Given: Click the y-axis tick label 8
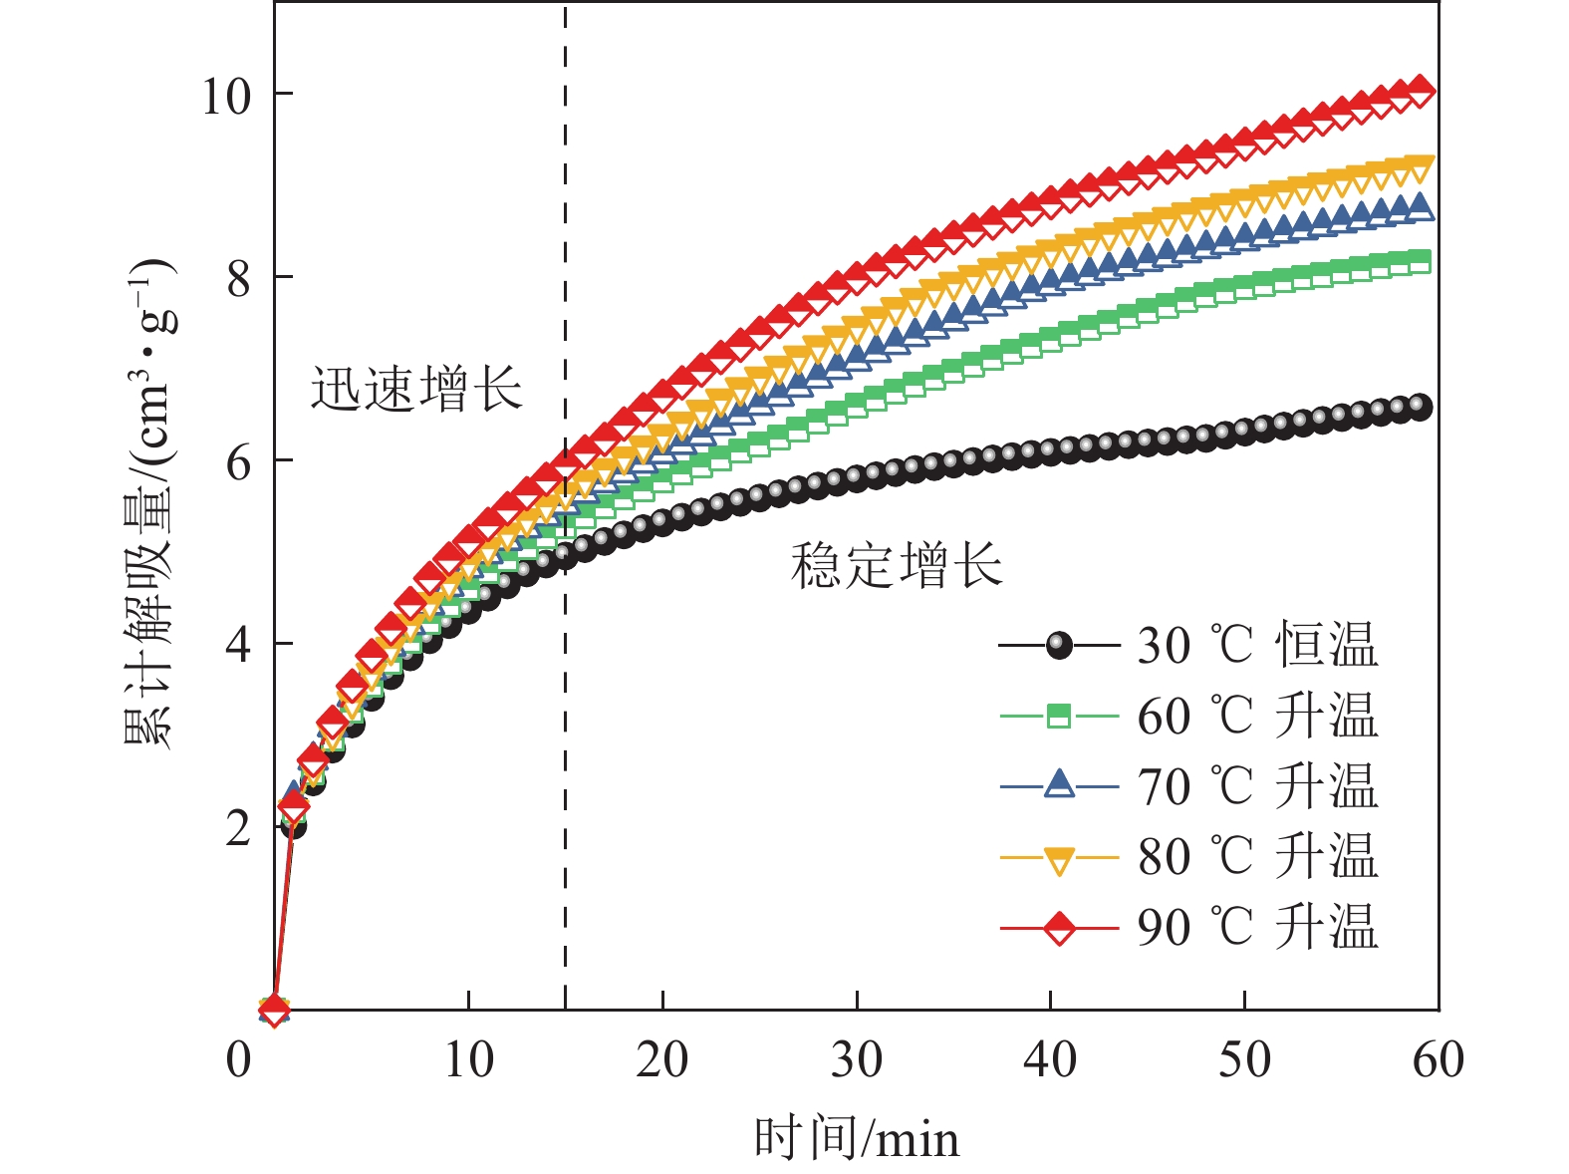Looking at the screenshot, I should pos(239,279).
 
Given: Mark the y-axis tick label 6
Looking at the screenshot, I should pos(239,462).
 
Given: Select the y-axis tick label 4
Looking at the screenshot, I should pos(239,646).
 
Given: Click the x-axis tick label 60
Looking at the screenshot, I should pos(1438,1060).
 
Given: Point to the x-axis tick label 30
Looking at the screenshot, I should pos(857,1060).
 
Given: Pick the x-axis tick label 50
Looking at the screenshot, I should pos(1244,1060).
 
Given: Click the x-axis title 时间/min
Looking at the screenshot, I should pos(857,1138).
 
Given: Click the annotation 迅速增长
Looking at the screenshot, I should pos(416,389).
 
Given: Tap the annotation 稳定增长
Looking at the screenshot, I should pos(897,566).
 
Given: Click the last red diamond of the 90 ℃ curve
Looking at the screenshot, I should pos(1420,91).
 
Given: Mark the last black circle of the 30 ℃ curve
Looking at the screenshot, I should pos(1420,407).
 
